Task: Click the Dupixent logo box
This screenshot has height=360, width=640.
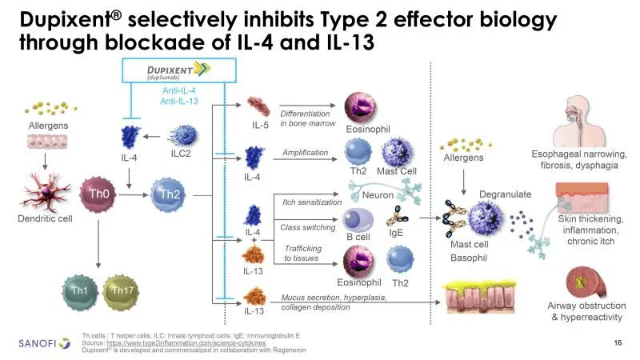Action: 173,72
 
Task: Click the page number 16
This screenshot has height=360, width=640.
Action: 617,343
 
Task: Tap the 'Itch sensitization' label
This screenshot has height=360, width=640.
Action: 312,202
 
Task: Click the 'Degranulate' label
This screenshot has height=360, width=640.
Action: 505,194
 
